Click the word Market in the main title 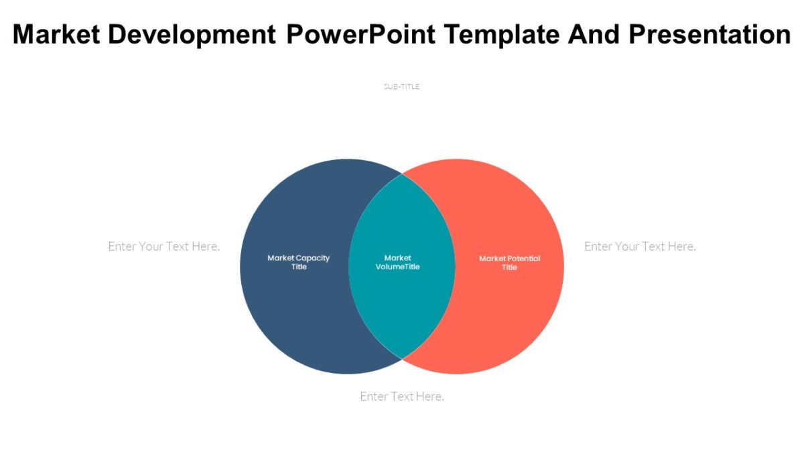(x=56, y=34)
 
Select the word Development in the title (x=191, y=34)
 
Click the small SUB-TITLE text (x=401, y=86)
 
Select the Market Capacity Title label (x=298, y=262)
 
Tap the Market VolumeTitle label (x=397, y=262)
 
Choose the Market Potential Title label (x=509, y=262)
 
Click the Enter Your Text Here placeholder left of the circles (x=164, y=246)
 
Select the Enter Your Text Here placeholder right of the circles (x=640, y=246)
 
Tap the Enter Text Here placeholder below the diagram (x=402, y=396)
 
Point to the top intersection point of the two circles (x=402, y=174)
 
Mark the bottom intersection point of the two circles (x=402, y=359)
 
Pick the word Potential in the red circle (x=524, y=258)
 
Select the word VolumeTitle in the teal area (x=397, y=267)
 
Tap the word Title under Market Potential (x=509, y=267)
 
